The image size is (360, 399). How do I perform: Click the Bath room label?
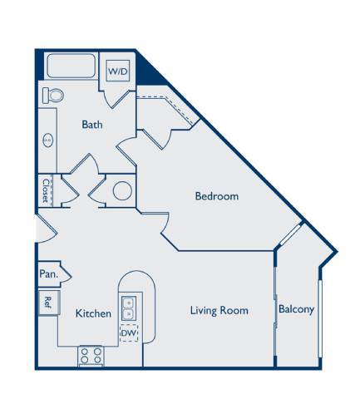pyautogui.click(x=91, y=125)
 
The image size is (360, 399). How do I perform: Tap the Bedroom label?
pyautogui.click(x=217, y=197)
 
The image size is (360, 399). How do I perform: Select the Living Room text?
pyautogui.click(x=219, y=311)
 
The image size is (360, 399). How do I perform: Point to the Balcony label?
pyautogui.click(x=297, y=310)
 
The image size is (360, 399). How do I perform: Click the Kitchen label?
pyautogui.click(x=93, y=313)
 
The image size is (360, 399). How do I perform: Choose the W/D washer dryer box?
pyautogui.click(x=117, y=71)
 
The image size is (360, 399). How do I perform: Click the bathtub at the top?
pyautogui.click(x=71, y=67)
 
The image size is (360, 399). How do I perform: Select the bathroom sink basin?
pyautogui.click(x=47, y=141)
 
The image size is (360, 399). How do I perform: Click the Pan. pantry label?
pyautogui.click(x=47, y=273)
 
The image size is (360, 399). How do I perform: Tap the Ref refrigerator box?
pyautogui.click(x=48, y=302)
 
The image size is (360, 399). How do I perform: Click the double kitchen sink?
pyautogui.click(x=130, y=308)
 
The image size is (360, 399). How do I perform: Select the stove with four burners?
pyautogui.click(x=90, y=357)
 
